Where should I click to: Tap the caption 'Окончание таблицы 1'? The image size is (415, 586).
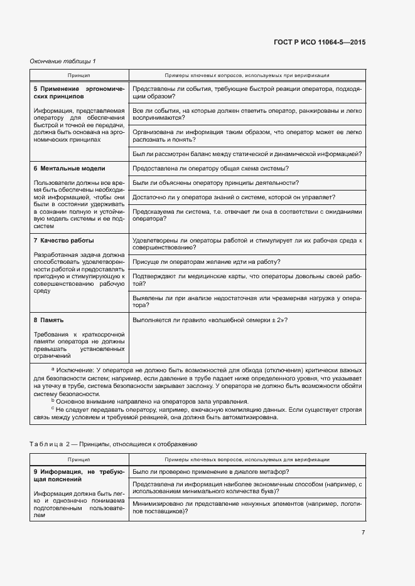coord(63,61)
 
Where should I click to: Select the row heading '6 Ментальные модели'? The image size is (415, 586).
coord(69,169)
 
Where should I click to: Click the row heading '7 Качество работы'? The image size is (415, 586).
coord(63,241)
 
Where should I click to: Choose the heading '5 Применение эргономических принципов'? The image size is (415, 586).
coord(78,93)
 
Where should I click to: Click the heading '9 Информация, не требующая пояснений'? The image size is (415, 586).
coord(78,474)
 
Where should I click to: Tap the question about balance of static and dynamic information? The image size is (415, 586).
coord(247,154)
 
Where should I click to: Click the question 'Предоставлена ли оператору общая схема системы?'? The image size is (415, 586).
coord(211,169)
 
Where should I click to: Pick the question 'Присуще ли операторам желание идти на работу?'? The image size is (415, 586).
coord(207,262)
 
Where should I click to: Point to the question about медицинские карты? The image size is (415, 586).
coord(247,280)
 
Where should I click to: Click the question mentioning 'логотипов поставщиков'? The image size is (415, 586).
coord(247,507)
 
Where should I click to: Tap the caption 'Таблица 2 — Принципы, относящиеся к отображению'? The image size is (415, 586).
coord(114,444)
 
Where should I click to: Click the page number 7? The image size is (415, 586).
coord(363,533)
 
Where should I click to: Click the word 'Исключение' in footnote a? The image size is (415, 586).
coord(75,371)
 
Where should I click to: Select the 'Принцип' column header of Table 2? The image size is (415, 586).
coord(79,459)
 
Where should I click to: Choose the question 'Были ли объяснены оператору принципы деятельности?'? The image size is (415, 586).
coord(215,183)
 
